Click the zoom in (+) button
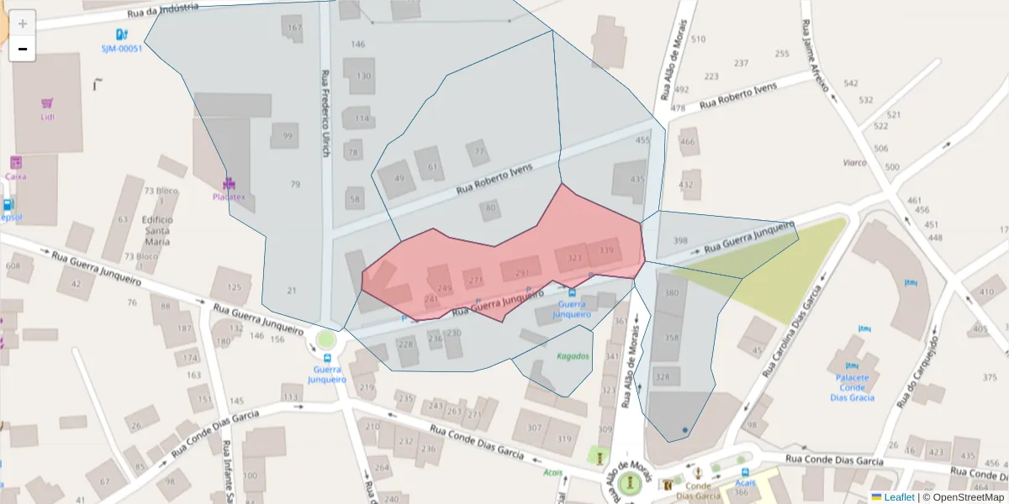click(x=23, y=23)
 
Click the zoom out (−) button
click(x=23, y=49)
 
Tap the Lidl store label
click(x=47, y=117)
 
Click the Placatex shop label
click(x=229, y=197)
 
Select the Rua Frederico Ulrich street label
click(x=325, y=113)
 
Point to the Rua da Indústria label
click(x=163, y=10)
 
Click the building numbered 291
click(x=521, y=273)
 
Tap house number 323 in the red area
click(x=575, y=258)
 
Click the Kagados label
click(x=573, y=356)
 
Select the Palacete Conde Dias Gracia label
click(x=852, y=388)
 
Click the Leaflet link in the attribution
click(x=899, y=497)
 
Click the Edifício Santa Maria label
click(x=158, y=230)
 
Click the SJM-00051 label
click(x=122, y=48)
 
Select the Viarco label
click(x=854, y=162)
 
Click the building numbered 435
click(x=637, y=179)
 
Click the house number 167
click(x=293, y=29)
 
